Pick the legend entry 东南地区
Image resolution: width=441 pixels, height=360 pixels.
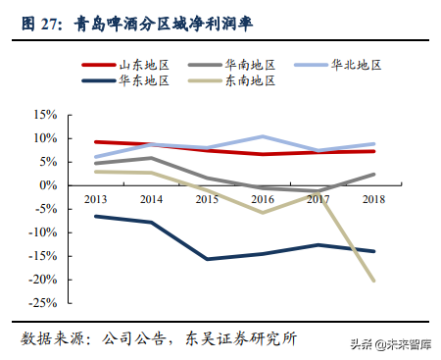[252, 80]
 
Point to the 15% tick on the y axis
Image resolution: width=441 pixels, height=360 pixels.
[46, 114]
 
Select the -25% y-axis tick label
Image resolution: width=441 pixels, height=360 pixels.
[44, 303]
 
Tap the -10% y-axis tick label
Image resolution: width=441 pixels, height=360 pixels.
[44, 232]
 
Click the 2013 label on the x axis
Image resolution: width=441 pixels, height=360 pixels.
[95, 198]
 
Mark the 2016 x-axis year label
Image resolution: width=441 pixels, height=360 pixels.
[262, 198]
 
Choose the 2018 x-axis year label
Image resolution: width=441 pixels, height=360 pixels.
[373, 198]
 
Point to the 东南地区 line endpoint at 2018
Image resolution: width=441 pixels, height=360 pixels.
[373, 281]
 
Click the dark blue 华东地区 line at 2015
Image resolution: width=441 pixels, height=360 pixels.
[207, 259]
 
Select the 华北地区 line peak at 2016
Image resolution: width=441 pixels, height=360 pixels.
[262, 136]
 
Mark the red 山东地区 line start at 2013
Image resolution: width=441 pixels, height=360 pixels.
[95, 141]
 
